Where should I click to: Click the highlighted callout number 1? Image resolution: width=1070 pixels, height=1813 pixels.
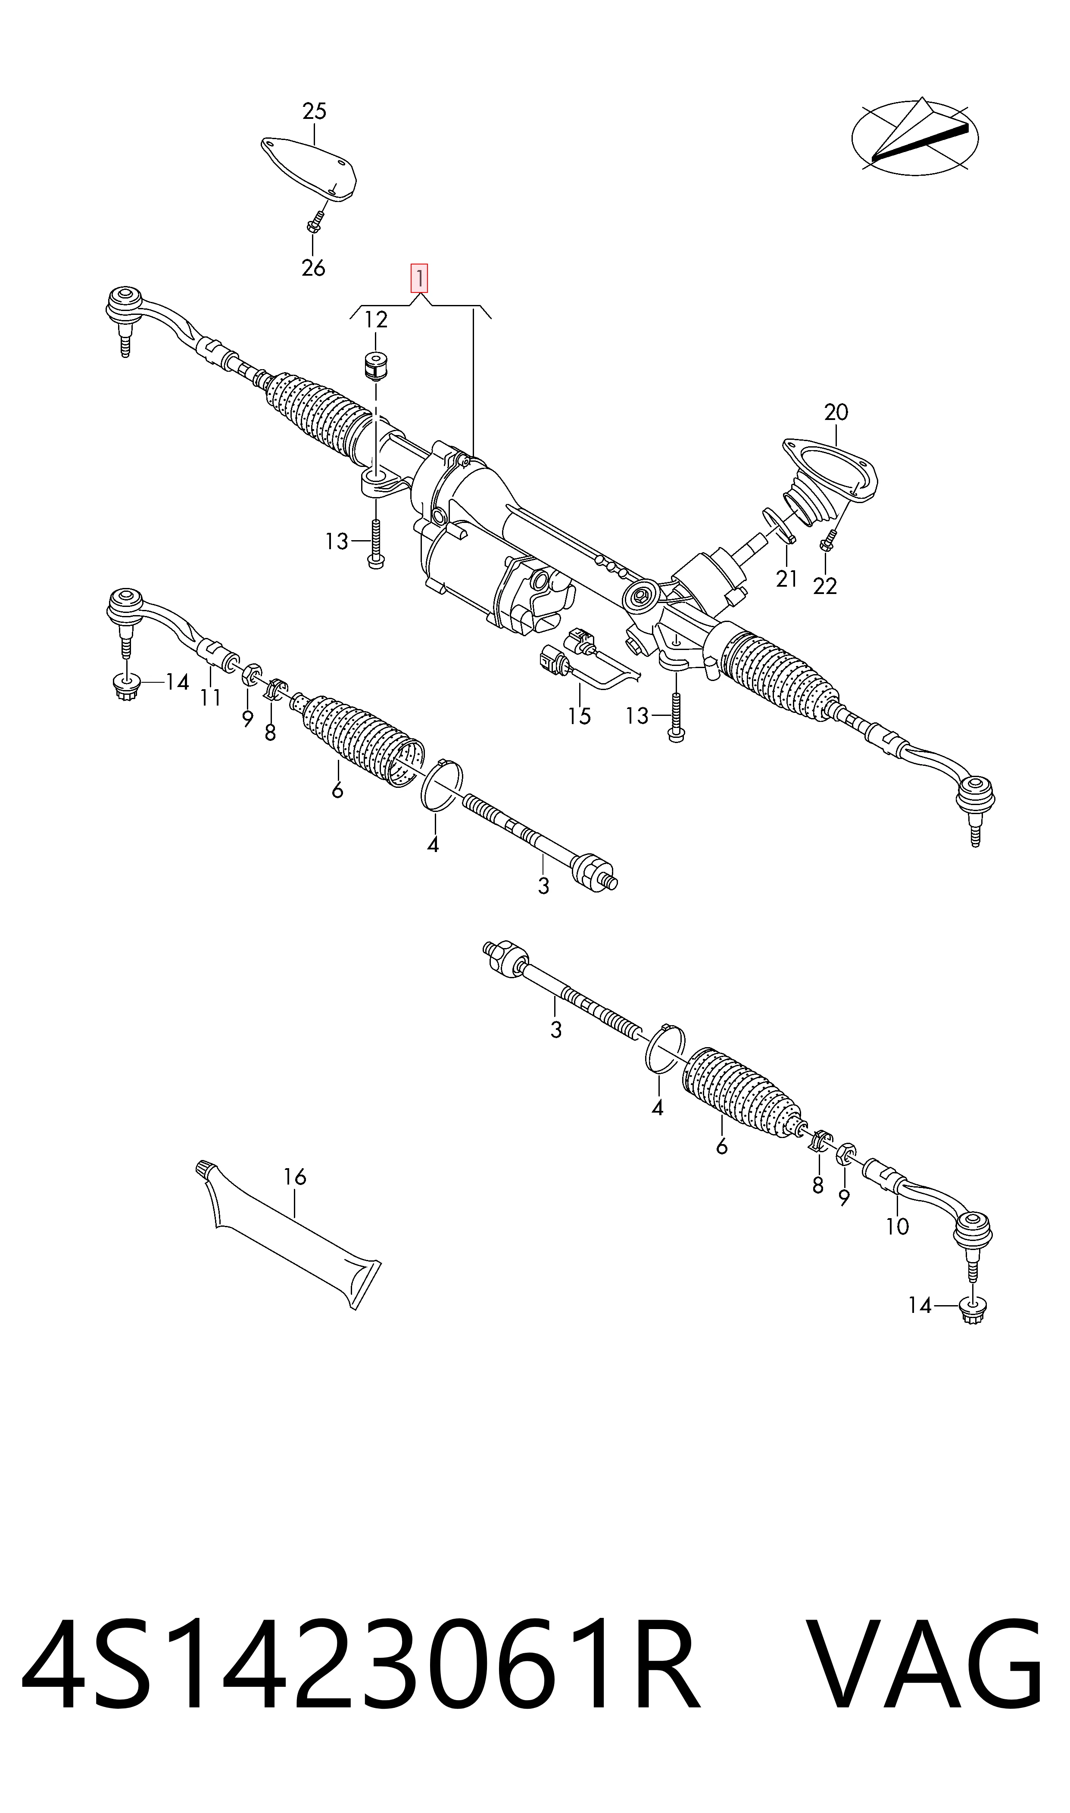pos(419,279)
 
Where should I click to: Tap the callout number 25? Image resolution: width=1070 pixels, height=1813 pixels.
pos(315,112)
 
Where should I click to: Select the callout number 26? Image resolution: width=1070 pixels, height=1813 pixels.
pos(314,268)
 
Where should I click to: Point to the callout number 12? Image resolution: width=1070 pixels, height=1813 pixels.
pos(376,319)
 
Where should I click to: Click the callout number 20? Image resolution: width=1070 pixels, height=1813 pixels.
pos(836,413)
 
